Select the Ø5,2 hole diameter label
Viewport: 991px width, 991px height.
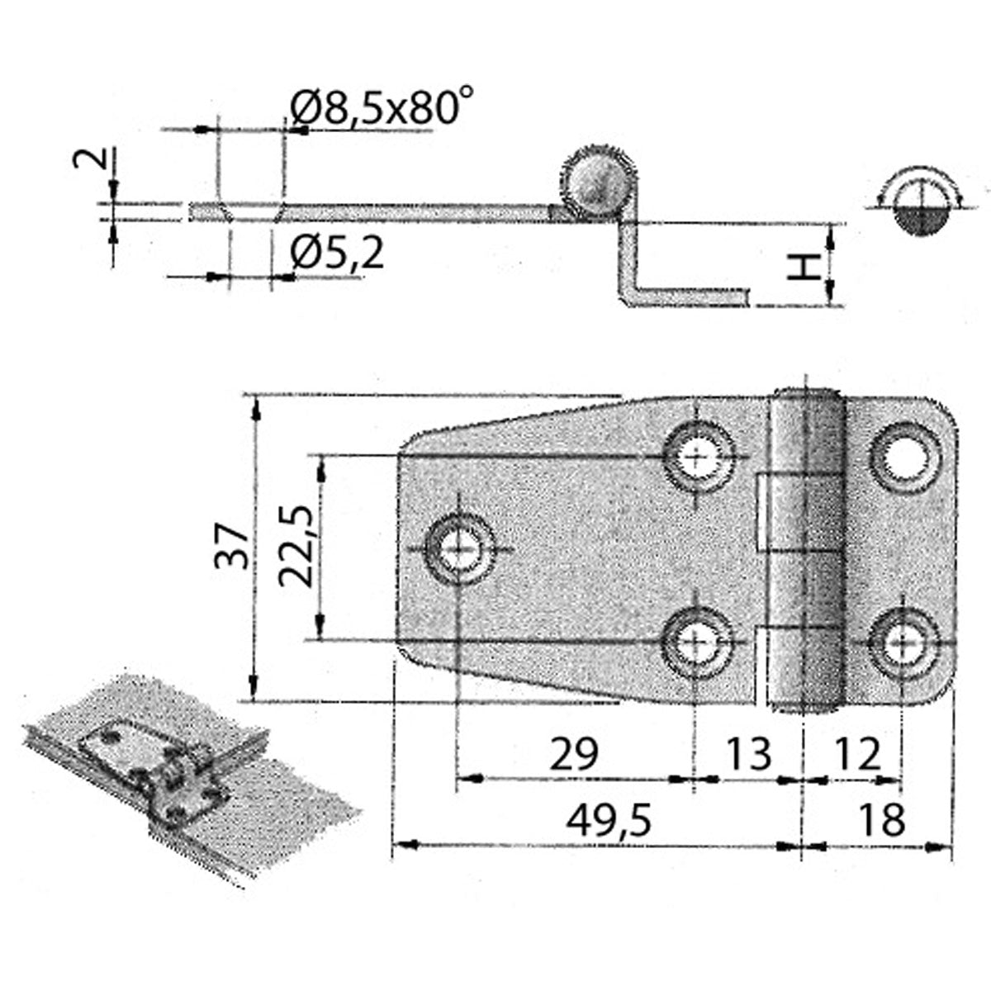pos(338,254)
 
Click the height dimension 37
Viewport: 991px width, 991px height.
pos(232,547)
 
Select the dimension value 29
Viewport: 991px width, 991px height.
pos(573,755)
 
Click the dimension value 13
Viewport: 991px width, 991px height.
pos(748,755)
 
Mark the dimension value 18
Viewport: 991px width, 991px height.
pos(881,821)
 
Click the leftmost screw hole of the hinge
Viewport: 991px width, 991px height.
pos(458,548)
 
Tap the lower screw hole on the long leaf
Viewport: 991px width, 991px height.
pos(699,642)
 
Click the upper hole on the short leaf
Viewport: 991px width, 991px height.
pos(907,455)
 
